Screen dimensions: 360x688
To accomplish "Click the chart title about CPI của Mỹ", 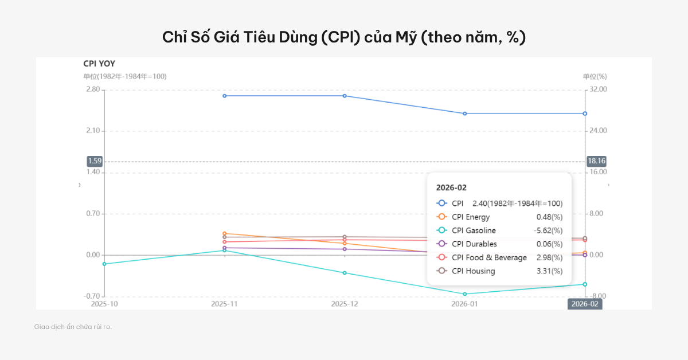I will point(344,38).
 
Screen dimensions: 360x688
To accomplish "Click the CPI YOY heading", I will point(99,64).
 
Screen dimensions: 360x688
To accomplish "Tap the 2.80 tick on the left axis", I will point(92,89).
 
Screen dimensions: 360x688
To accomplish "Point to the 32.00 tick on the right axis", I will point(597,89).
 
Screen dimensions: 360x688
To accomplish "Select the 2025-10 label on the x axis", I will point(104,304).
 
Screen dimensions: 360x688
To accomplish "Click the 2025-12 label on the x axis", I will point(345,304).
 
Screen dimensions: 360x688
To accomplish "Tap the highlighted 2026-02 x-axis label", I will point(585,304).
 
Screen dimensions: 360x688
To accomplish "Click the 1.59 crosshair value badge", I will point(95,161).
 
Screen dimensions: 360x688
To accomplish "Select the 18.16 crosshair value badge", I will point(597,161).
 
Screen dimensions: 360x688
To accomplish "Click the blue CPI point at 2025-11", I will point(225,96).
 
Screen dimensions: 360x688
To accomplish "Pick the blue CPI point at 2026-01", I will point(465,114).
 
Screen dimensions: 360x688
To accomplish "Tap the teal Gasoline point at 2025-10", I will point(104,264).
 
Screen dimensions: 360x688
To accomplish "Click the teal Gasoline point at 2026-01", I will point(465,294).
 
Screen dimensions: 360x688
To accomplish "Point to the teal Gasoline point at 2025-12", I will point(345,273).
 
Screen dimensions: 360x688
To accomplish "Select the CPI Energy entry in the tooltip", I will point(470,217).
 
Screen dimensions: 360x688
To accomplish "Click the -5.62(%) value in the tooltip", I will point(548,230).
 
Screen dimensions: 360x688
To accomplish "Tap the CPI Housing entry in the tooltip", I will point(473,271).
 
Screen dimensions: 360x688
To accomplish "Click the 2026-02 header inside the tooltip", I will point(451,187).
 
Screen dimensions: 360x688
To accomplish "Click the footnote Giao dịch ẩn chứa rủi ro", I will point(73,327).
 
